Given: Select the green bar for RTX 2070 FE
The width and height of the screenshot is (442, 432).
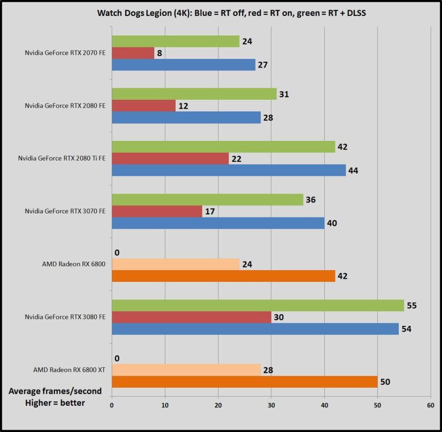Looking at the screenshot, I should point(175,41).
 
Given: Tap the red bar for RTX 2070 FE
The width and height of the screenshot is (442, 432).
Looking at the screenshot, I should point(133,53).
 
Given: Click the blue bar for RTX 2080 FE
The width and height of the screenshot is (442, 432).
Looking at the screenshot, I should point(186,118).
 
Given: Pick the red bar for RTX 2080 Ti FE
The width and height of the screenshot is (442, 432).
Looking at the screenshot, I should point(170,158).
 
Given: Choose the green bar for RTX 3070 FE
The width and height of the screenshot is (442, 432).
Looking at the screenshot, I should point(207,200).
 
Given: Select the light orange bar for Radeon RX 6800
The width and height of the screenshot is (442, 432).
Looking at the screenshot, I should point(176,264).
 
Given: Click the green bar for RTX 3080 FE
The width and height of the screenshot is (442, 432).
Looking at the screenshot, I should point(258,305).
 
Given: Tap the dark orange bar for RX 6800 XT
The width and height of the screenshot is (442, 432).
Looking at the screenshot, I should point(245,381).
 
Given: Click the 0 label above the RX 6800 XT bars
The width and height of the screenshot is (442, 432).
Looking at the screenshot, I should point(116,358).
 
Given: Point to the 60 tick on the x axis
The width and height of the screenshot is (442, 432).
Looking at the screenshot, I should point(430,405).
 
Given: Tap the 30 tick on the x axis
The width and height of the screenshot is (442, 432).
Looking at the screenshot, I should point(271,405).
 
